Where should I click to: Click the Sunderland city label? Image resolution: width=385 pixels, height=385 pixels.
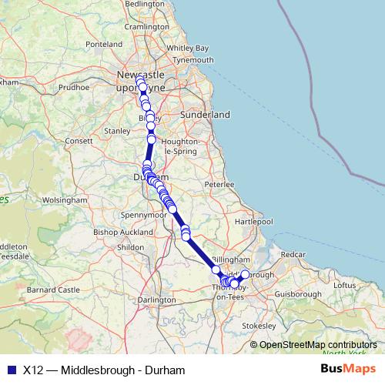click(x=205, y=114)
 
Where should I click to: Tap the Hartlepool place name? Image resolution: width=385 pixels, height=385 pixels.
click(x=253, y=221)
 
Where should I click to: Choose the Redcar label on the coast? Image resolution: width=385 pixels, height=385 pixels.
click(x=293, y=254)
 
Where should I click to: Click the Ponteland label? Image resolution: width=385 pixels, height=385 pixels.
click(x=104, y=45)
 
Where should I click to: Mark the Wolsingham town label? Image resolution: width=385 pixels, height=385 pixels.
click(x=65, y=199)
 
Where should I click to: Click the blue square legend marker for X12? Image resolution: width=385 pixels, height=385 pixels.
click(x=11, y=370)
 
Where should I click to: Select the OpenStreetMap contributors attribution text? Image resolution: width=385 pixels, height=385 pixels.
click(x=318, y=345)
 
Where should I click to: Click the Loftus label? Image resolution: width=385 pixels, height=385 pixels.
click(x=345, y=285)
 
